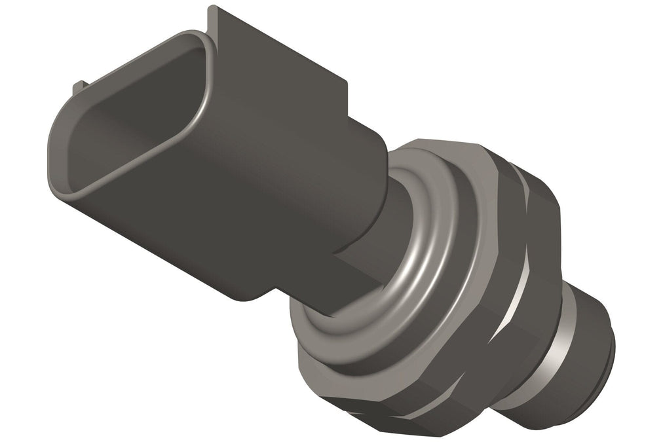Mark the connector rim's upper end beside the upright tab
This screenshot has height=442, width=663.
click(x=197, y=39)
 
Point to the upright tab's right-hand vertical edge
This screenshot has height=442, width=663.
click(x=345, y=98)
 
